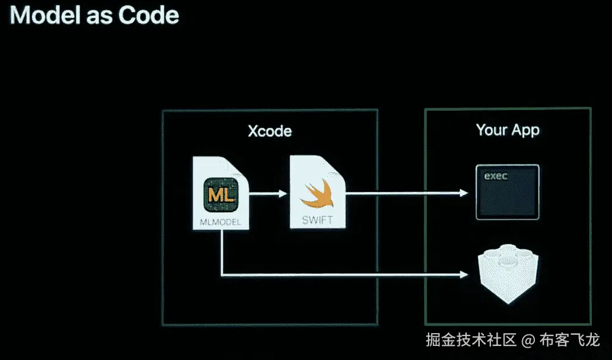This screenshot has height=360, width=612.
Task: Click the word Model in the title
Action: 37,14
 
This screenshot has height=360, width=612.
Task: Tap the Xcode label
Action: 270,131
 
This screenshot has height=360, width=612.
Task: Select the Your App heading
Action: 507,130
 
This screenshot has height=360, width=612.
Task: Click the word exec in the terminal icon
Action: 496,176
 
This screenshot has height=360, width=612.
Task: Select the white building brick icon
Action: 507,275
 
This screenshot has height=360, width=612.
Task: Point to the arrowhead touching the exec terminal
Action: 463,194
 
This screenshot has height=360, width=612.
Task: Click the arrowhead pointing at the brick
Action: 463,275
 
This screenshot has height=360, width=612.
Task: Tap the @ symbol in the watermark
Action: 528,340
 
